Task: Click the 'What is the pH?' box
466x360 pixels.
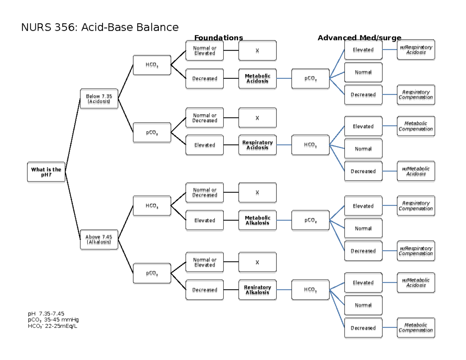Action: click(46, 172)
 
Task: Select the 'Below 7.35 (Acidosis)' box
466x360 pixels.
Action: click(99, 99)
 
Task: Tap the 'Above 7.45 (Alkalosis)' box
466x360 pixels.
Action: click(99, 239)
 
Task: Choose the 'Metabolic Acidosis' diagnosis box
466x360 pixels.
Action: click(257, 78)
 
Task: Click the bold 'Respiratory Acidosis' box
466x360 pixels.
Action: click(257, 145)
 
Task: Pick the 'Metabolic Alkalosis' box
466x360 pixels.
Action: click(257, 220)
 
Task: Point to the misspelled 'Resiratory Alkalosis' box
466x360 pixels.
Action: click(257, 290)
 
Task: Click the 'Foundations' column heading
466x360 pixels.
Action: click(218, 38)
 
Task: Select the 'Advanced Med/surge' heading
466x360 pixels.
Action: click(359, 38)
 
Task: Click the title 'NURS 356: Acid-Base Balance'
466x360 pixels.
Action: click(100, 27)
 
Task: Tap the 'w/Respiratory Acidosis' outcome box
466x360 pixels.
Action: click(416, 50)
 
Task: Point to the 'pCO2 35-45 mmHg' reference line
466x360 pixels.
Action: click(53, 320)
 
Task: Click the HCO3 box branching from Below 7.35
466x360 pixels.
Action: click(152, 65)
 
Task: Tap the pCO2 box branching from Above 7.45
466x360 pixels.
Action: click(152, 273)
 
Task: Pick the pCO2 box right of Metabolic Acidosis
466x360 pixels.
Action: click(310, 78)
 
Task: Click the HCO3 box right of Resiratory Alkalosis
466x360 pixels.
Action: click(310, 290)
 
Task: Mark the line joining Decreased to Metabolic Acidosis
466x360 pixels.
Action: click(231, 78)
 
